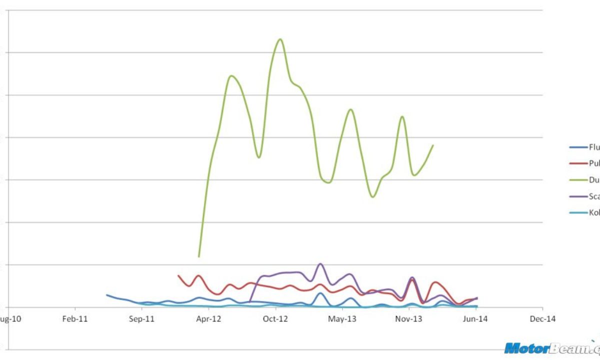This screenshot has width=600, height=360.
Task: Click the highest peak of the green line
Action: coord(280,39)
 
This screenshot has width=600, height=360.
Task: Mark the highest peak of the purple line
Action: coord(320,263)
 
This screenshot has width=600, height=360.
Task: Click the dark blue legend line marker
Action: coord(578,147)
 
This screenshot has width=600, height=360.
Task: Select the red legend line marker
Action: coord(578,163)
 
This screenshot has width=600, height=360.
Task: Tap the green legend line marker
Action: coord(578,179)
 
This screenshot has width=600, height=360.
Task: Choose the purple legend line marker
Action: coord(578,196)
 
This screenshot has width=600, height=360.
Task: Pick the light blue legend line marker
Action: coord(578,212)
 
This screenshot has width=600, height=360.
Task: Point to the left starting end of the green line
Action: coord(199,256)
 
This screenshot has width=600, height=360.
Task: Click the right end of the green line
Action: coord(433,145)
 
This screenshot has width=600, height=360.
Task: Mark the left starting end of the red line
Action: coord(178,275)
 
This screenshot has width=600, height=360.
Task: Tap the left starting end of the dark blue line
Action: coord(107,295)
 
